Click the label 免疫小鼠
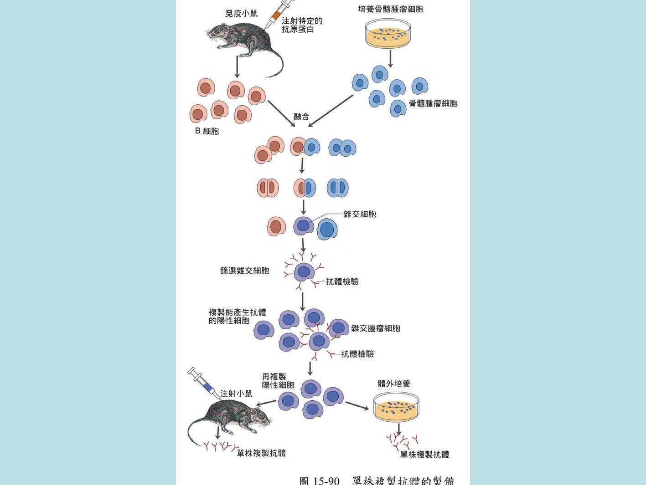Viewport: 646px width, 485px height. pos(241,13)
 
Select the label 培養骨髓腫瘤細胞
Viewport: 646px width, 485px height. pos(391,9)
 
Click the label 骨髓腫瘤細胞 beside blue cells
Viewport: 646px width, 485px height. pos(433,103)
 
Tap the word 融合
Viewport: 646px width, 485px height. pos(301,116)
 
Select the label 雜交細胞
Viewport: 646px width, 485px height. pos(360,214)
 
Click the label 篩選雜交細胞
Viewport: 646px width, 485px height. pos(245,271)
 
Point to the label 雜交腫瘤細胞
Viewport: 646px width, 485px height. pos(376,328)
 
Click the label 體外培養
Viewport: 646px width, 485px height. pos(394,383)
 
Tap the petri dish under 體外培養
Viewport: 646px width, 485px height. pos(396,408)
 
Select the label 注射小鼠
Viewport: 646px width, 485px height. pos(236,393)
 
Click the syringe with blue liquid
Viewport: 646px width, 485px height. pos(203,383)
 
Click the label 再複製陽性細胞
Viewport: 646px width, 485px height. pos(278,381)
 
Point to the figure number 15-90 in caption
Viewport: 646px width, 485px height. pos(326,480)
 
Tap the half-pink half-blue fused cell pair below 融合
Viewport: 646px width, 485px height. pos(305,147)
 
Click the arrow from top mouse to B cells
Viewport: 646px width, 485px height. pos(237,67)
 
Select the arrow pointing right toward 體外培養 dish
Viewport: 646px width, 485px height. pos(357,406)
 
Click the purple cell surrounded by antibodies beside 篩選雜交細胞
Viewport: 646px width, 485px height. pos(304,272)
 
